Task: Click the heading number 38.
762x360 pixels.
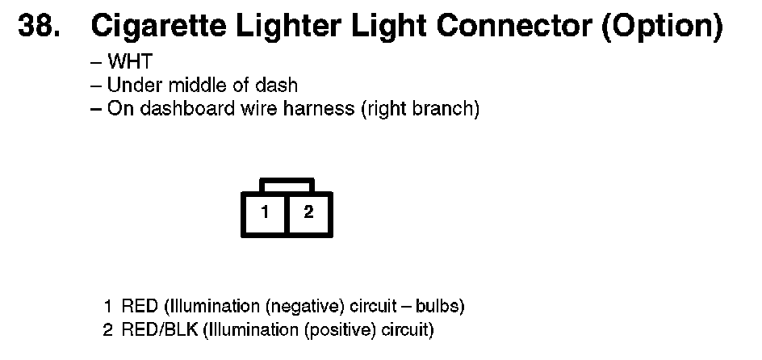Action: click(38, 27)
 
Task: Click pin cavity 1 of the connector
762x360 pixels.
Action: click(265, 214)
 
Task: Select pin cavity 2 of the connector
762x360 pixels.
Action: click(308, 214)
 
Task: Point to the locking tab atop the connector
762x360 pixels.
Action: click(287, 185)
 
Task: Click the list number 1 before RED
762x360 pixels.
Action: click(107, 307)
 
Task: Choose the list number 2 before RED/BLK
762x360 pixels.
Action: click(107, 329)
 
